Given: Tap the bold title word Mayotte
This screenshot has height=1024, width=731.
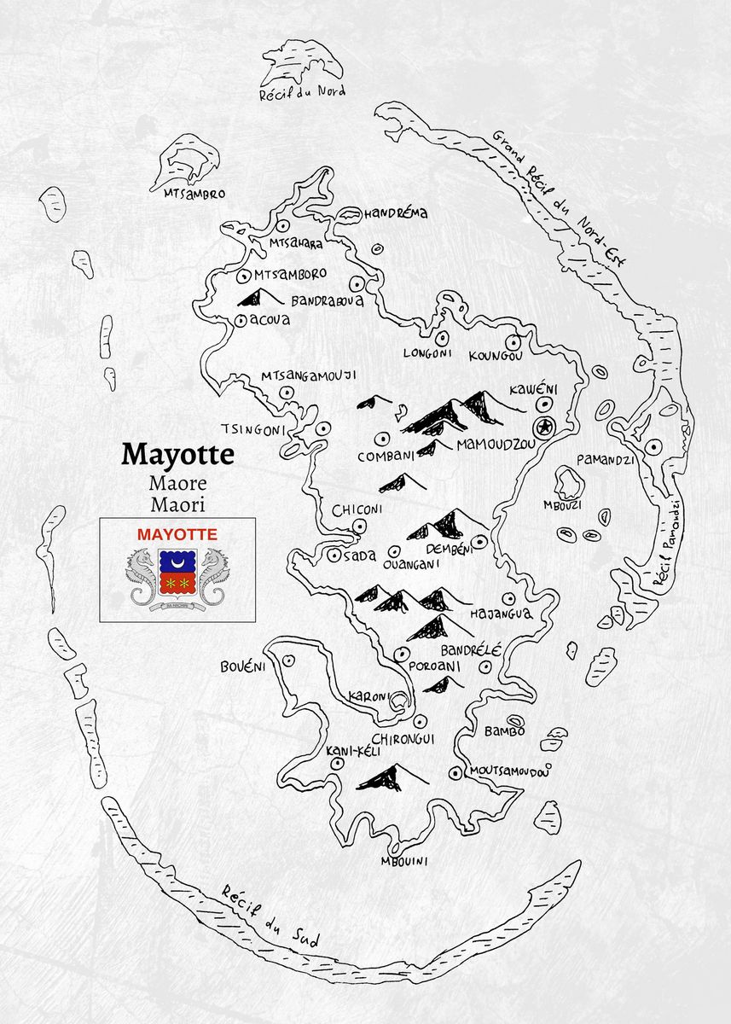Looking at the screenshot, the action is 177,454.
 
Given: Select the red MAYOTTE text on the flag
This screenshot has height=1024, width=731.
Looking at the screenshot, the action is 177,534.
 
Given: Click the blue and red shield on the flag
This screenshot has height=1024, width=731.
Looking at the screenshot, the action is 177,572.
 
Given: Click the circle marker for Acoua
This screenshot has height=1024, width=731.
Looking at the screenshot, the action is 242,321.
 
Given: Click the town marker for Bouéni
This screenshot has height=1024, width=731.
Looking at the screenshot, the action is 289,660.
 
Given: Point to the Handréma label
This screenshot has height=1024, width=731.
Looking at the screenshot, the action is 396,213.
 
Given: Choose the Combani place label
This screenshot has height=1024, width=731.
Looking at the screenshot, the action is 386,457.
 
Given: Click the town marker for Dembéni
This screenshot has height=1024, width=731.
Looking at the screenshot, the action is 480,541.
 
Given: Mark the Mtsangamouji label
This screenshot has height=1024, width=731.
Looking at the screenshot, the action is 308,375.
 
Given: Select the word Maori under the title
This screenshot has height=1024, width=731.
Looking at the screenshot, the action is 177,505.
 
